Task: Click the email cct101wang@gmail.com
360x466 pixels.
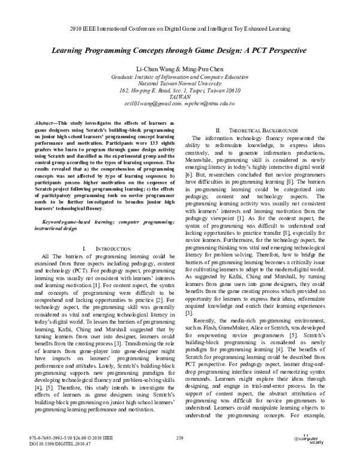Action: point(157,103)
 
